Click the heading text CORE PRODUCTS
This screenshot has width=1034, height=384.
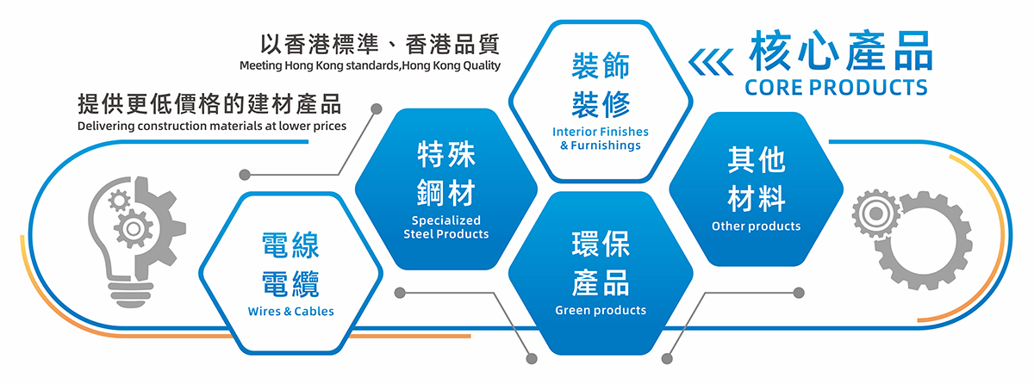click(836, 88)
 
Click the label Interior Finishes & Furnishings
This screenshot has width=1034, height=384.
click(601, 139)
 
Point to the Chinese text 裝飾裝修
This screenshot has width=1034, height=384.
click(601, 85)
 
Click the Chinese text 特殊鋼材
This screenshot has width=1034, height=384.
click(445, 174)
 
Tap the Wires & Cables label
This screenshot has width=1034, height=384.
click(290, 311)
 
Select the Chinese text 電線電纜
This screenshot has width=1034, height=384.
click(290, 263)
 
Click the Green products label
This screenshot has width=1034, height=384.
click(601, 310)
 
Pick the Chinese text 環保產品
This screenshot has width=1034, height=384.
click(601, 263)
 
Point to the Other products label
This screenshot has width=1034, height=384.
click(756, 226)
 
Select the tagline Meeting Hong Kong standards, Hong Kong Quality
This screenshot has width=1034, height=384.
click(370, 65)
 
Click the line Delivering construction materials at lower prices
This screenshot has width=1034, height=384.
click(211, 127)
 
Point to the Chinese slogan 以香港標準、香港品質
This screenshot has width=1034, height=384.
click(380, 44)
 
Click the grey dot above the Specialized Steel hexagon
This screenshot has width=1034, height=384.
click(376, 109)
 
